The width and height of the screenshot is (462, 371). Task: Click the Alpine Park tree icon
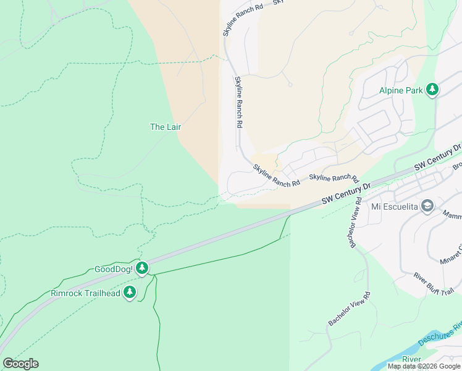click(x=432, y=90)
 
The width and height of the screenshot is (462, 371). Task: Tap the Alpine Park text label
click(x=401, y=91)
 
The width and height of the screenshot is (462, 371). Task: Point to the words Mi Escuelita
click(x=395, y=207)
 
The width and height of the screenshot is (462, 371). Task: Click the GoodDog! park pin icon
click(x=143, y=268)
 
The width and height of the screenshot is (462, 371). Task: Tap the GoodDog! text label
click(x=114, y=270)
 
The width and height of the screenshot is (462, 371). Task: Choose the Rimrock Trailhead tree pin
click(x=129, y=292)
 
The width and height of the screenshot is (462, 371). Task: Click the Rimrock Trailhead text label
click(x=85, y=293)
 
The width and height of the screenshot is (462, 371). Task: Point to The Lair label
click(x=166, y=127)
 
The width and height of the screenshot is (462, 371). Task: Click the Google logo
click(x=20, y=364)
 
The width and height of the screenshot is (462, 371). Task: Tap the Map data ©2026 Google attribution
click(x=424, y=366)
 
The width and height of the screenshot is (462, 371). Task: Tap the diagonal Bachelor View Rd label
click(x=349, y=309)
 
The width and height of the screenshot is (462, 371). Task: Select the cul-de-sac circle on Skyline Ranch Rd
click(x=289, y=85)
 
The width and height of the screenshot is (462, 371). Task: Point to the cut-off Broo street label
click(x=457, y=166)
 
